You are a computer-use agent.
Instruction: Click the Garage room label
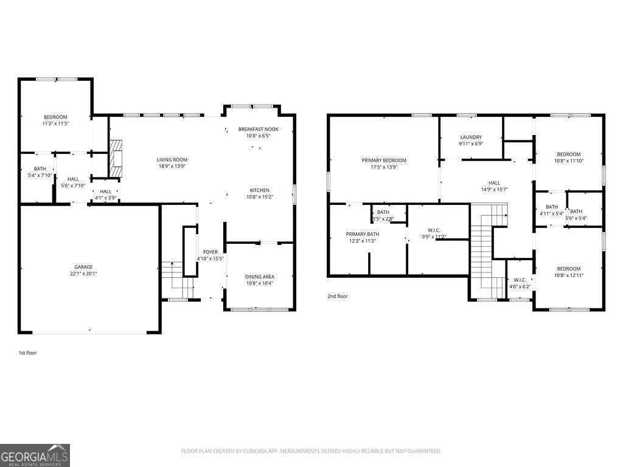pos(83,267)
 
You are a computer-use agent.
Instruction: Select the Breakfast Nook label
pos(258,129)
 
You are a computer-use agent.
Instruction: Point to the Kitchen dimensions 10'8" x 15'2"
pos(259,197)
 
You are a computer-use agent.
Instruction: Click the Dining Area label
pos(259,277)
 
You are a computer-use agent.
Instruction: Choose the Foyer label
pos(211,251)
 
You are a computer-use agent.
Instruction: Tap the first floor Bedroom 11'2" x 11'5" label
pos(55,117)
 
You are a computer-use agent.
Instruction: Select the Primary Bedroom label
pos(384,161)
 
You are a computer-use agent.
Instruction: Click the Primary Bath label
pos(363,234)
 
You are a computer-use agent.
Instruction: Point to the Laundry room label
pos(471,137)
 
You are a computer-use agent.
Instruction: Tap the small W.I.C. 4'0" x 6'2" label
pos(520,280)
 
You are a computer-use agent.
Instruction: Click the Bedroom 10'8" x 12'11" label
pos(569,269)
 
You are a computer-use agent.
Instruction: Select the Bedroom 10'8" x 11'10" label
pos(569,154)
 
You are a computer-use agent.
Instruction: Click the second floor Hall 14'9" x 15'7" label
pos(494,182)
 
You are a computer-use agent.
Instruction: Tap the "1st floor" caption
pos(27,353)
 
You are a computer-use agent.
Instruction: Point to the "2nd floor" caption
pos(338,296)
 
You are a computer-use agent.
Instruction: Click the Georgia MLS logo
pos(35,455)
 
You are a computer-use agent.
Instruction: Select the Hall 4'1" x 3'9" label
pos(105,192)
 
